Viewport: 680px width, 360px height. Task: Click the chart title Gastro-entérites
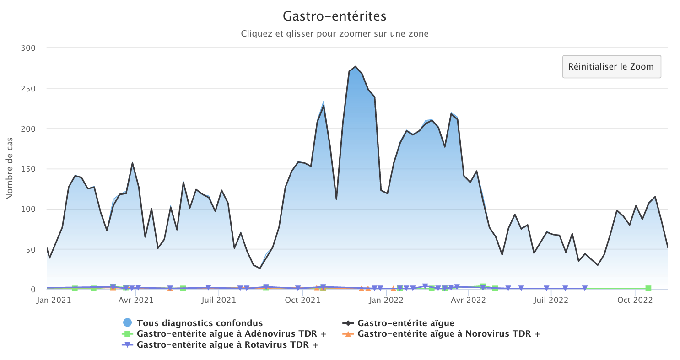coord(335,16)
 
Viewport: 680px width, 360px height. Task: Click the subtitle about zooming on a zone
coord(335,34)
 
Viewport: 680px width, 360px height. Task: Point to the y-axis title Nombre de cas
coord(10,169)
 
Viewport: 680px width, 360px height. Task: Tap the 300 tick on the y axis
coord(29,48)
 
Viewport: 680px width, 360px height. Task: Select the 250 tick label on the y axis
coord(29,88)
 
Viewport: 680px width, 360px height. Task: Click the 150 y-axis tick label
coord(29,169)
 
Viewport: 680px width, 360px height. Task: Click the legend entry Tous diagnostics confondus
coord(200,323)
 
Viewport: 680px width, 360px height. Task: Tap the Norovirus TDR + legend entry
coord(448,334)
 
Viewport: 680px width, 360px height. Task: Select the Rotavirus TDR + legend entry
coord(227,344)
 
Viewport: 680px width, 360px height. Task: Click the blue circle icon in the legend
coord(129,323)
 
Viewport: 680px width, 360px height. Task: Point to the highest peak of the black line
coord(356,67)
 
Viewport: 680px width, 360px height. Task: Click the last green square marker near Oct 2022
coord(648,289)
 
